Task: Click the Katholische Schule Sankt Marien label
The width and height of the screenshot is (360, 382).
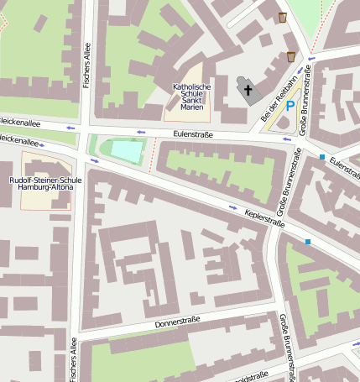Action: pos(191,97)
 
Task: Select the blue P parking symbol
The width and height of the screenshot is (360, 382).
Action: pos(290,106)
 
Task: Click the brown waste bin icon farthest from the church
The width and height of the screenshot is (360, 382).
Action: pos(283,17)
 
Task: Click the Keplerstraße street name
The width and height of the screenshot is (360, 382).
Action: pos(264,217)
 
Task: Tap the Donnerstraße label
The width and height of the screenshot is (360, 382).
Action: pos(179,324)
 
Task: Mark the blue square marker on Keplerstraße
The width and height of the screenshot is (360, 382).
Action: pos(308,243)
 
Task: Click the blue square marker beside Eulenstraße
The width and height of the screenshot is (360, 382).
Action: pos(322,157)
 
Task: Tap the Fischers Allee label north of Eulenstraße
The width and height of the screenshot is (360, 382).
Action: pos(86,66)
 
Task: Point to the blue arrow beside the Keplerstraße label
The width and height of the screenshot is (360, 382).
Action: pos(233,207)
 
